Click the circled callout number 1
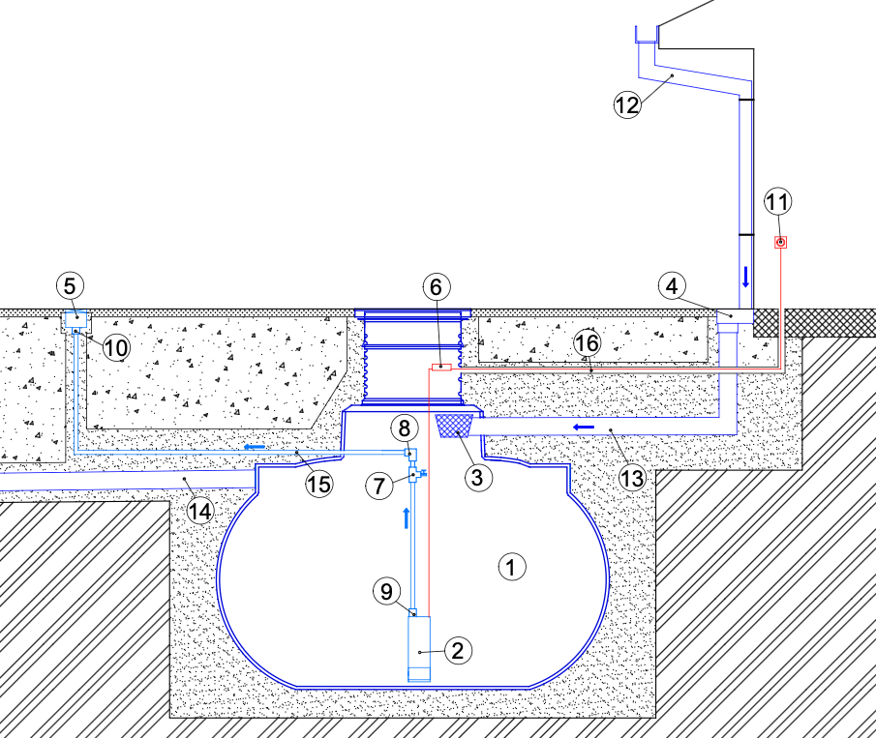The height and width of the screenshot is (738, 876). coord(511,567)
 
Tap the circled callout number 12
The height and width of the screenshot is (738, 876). coord(627,104)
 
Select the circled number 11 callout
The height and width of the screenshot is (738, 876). coord(777,201)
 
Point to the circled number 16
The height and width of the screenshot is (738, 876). coord(587,342)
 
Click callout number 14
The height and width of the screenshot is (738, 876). coord(200,511)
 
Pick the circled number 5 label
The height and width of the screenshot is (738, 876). coord(70,286)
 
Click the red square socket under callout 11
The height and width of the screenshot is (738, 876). coord(780,242)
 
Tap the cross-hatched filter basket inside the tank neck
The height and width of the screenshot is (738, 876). coord(454,426)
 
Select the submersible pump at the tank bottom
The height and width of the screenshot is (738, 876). coord(419,649)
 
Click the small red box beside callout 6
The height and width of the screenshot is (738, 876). coord(441,367)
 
